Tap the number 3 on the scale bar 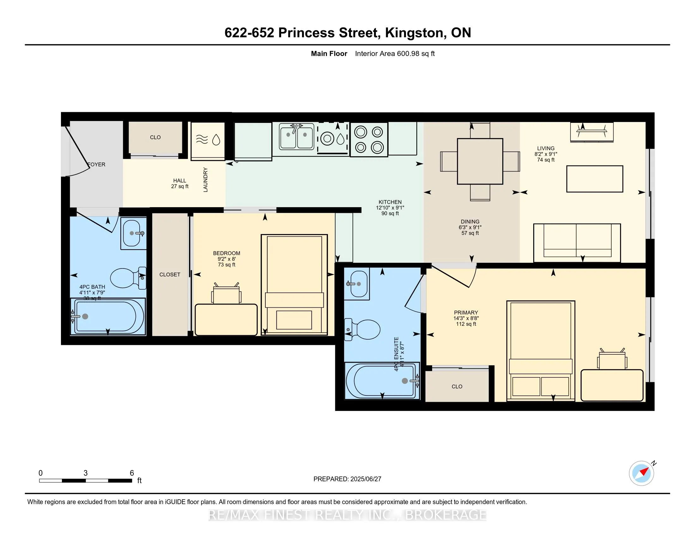tap(86, 473)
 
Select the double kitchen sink tap(296, 136)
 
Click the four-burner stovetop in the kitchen tap(369, 139)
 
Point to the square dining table tap(480, 161)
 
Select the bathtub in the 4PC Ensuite tap(382, 381)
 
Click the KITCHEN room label tap(390, 202)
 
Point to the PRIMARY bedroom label tap(466, 312)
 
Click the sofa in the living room tap(577, 243)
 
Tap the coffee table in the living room tap(595, 179)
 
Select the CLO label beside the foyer tap(155, 137)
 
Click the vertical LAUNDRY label tap(206, 180)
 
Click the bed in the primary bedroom tap(540, 350)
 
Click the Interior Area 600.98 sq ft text tap(395, 54)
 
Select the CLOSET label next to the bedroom tap(170, 275)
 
